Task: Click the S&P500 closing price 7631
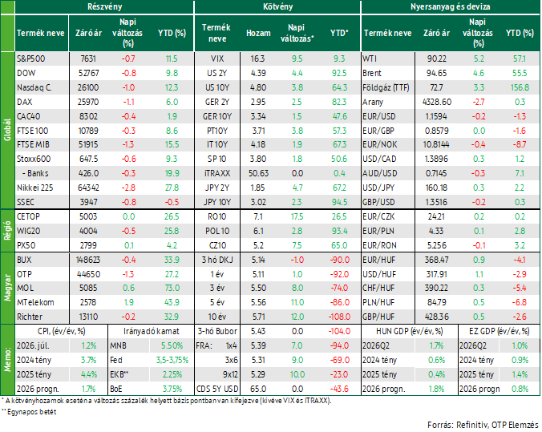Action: [88, 59]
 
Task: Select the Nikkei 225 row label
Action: [35, 188]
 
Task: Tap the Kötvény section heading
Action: [277, 6]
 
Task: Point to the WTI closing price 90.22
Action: [437, 59]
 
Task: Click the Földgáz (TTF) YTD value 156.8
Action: [520, 87]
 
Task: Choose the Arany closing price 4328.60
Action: [437, 102]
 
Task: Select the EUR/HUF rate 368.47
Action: [437, 260]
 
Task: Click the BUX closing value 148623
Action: [88, 260]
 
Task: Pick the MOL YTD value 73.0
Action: [172, 289]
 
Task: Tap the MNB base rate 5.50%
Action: [172, 345]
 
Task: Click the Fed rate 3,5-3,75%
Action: [172, 360]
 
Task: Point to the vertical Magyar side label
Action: [7, 289]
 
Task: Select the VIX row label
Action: [217, 59]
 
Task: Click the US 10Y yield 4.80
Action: [258, 87]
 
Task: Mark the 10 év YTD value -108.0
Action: [339, 317]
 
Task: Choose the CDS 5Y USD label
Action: [217, 390]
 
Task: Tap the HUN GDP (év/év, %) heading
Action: [409, 332]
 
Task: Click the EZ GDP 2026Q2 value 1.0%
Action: [520, 345]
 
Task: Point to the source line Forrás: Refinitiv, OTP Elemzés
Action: [483, 425]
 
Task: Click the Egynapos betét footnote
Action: [29, 412]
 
